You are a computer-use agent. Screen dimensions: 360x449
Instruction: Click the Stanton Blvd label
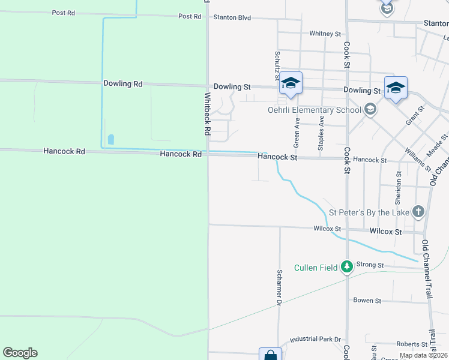pyautogui.click(x=232, y=17)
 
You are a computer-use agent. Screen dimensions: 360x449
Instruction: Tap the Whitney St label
pyautogui.click(x=325, y=34)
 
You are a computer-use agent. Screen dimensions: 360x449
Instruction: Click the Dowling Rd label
pyautogui.click(x=122, y=84)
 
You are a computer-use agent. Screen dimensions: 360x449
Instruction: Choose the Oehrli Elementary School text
pyautogui.click(x=314, y=110)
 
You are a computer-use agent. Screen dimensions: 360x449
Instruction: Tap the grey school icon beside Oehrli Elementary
pyautogui.click(x=370, y=109)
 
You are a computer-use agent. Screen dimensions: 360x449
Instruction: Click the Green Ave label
pyautogui.click(x=297, y=132)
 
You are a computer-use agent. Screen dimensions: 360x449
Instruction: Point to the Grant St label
pyautogui.click(x=414, y=115)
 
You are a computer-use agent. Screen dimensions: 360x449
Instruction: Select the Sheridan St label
pyautogui.click(x=398, y=185)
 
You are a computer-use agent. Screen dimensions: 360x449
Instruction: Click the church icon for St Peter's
pyautogui.click(x=418, y=212)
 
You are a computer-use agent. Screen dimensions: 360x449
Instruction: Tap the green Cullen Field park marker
pyautogui.click(x=347, y=266)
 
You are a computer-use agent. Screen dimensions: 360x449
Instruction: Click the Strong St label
pyautogui.click(x=370, y=265)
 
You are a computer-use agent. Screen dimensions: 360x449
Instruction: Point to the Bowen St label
pyautogui.click(x=367, y=300)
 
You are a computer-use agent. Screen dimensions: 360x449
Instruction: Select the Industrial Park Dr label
pyautogui.click(x=315, y=340)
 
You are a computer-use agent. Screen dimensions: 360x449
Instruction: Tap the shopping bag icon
pyautogui.click(x=270, y=355)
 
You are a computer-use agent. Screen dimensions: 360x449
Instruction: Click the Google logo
pyautogui.click(x=20, y=353)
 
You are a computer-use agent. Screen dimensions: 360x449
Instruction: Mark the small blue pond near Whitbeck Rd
pyautogui.click(x=110, y=139)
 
